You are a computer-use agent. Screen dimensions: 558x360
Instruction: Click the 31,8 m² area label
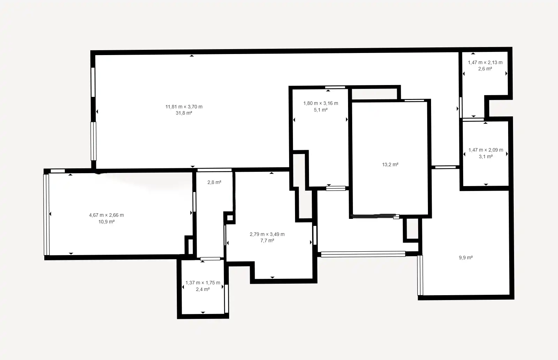click(184, 113)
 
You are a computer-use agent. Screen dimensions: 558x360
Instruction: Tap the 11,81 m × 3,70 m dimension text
click(184, 107)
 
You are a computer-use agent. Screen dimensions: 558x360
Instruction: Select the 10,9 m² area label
click(106, 222)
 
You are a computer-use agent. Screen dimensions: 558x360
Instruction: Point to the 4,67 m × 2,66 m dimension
click(106, 215)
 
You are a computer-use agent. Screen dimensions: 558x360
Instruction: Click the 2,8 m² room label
click(214, 182)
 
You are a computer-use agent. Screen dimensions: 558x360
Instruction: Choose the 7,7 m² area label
click(267, 240)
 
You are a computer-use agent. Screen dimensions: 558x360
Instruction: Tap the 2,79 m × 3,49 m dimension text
click(267, 234)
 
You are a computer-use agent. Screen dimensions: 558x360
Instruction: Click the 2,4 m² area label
click(203, 289)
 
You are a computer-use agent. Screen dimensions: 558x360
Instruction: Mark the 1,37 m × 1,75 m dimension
click(203, 283)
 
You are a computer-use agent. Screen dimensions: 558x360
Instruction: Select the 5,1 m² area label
click(321, 110)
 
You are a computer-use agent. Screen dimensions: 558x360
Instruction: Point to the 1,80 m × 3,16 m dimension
click(321, 103)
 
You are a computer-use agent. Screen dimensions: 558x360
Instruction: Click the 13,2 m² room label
click(390, 164)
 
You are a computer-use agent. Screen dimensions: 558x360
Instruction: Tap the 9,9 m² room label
click(466, 258)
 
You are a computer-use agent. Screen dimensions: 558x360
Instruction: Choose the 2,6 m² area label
click(485, 69)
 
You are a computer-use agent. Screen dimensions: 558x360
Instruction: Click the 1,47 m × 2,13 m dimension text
click(485, 62)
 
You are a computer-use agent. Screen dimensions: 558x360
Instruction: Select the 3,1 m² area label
click(486, 156)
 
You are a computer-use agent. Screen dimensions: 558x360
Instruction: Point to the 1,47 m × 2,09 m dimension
click(486, 150)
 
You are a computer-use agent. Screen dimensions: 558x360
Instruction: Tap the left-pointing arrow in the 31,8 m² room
click(97, 112)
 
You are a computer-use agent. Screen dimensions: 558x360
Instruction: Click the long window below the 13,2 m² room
click(363, 254)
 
